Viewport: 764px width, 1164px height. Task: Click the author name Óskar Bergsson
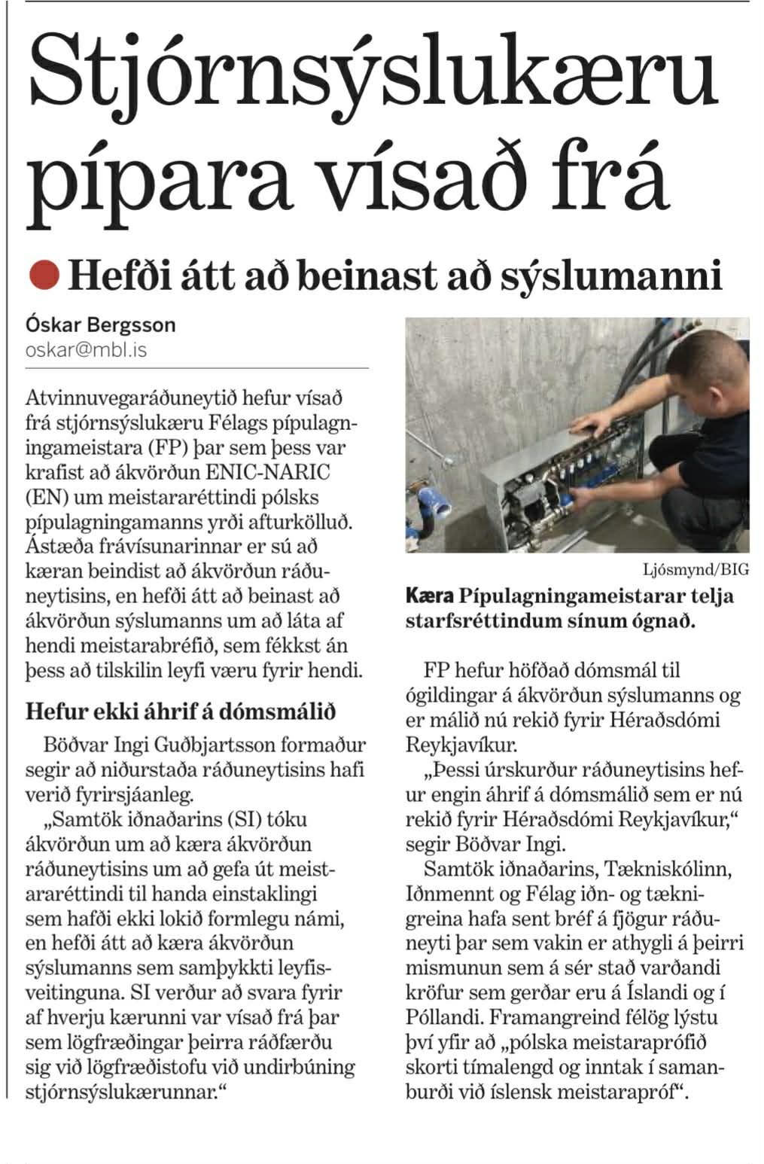(100, 325)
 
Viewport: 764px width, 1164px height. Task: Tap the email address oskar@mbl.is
(86, 350)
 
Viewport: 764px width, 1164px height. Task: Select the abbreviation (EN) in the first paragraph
(48, 497)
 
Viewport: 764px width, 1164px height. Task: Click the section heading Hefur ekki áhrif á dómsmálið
(181, 711)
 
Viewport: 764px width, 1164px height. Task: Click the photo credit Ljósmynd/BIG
(696, 569)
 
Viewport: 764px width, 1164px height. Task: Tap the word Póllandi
(444, 1017)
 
